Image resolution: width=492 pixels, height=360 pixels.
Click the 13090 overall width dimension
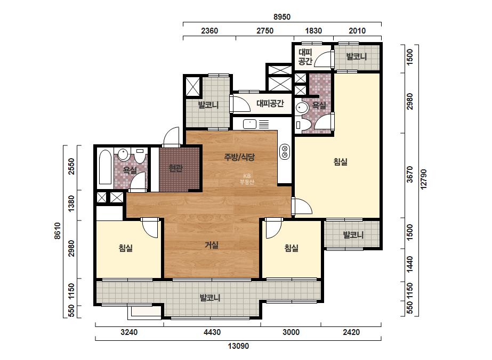(238, 346)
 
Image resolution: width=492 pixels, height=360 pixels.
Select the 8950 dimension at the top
(282, 17)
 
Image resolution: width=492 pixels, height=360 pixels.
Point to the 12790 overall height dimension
(424, 179)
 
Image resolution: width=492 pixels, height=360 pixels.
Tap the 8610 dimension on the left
(57, 231)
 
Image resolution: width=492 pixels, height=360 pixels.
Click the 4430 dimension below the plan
(212, 332)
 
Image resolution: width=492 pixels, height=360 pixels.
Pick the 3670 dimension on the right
(410, 174)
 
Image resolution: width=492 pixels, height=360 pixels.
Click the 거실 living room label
(212, 245)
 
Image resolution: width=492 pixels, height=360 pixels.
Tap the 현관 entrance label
(175, 168)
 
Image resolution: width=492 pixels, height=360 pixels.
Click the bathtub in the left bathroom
(105, 167)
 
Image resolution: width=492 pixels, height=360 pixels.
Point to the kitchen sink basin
(250, 124)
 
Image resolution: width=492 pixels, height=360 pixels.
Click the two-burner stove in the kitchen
(285, 151)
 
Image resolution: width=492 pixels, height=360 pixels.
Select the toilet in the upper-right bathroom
(299, 125)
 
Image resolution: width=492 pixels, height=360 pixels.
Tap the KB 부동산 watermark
(247, 179)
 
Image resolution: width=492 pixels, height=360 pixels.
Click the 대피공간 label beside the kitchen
(270, 103)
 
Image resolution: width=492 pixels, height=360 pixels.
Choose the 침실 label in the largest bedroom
(340, 162)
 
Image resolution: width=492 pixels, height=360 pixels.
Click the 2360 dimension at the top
(209, 31)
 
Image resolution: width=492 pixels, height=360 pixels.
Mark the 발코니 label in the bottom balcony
(210, 297)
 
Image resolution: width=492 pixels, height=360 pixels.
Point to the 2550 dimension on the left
(71, 167)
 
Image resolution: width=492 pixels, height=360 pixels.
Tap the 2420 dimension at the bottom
(351, 332)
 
